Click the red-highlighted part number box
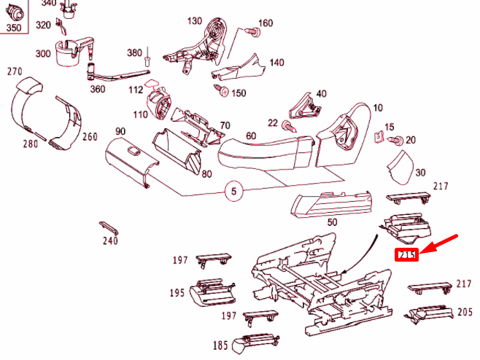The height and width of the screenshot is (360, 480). pyautogui.click(x=406, y=255)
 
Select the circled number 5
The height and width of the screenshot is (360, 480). pyautogui.click(x=233, y=193)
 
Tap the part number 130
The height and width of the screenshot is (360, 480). pyautogui.click(x=194, y=20)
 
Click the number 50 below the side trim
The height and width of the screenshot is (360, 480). pyautogui.click(x=332, y=222)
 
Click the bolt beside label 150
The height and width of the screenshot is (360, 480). pyautogui.click(x=222, y=91)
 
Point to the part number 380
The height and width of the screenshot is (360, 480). pyautogui.click(x=134, y=53)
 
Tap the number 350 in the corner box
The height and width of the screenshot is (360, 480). pyautogui.click(x=15, y=28)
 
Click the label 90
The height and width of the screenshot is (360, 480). pyautogui.click(x=120, y=131)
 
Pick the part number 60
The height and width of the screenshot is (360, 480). pyautogui.click(x=251, y=136)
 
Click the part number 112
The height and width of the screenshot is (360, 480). pyautogui.click(x=136, y=90)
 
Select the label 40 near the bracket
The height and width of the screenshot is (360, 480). pyautogui.click(x=321, y=93)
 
